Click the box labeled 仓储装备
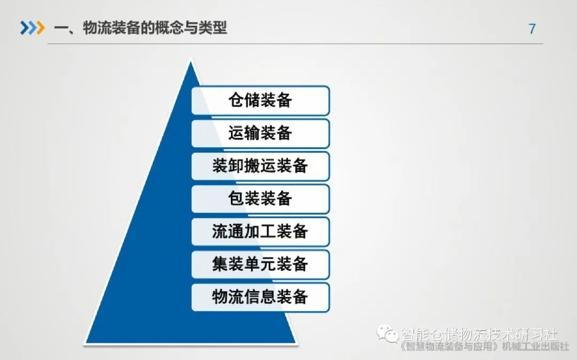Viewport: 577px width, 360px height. [260, 100]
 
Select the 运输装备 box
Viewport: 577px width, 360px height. [260, 133]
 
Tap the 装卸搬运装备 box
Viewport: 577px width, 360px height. [260, 166]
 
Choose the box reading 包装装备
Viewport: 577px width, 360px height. [260, 199]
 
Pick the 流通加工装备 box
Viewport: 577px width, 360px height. [260, 232]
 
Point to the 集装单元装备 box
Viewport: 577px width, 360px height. [260, 264]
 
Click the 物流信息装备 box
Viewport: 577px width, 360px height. [260, 297]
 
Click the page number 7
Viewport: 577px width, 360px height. [532, 29]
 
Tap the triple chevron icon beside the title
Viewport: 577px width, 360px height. [32, 28]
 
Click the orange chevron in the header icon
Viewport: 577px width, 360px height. [40, 28]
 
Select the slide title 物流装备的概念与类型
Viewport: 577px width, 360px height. [155, 28]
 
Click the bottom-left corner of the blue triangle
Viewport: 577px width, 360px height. [85, 342]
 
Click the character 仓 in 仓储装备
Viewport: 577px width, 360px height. [236, 100]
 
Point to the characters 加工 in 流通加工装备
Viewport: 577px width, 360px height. [260, 232]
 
